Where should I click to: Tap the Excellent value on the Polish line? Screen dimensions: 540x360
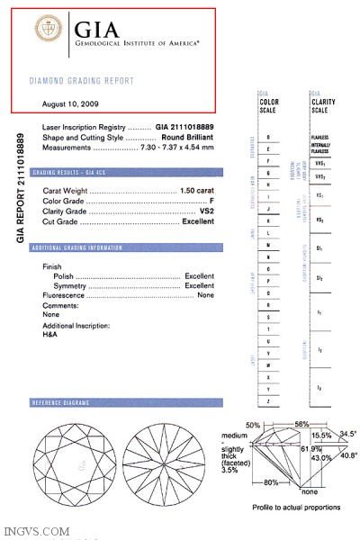pos(198,275)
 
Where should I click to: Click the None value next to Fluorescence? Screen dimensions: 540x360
pos(205,294)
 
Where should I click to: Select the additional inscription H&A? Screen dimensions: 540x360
pos(50,334)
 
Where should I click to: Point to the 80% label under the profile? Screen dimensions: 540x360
pos(268,482)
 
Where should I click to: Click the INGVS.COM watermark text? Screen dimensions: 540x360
pos(36,532)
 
